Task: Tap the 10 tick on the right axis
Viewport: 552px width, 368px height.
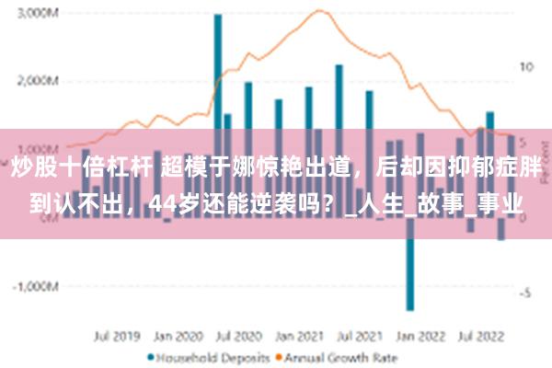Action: click(x=527, y=67)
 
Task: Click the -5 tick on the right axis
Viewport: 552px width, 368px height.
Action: click(x=525, y=293)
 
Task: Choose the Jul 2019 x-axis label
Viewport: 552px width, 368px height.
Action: click(x=118, y=337)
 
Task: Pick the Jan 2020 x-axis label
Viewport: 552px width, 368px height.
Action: click(x=178, y=337)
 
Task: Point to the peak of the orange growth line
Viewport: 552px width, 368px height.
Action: click(x=319, y=11)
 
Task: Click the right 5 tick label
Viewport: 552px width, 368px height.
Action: click(x=524, y=143)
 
